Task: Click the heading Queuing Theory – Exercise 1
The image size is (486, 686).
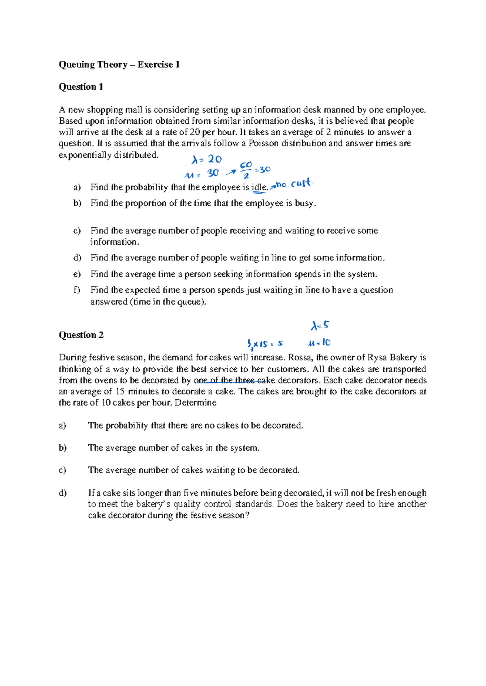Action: (119, 65)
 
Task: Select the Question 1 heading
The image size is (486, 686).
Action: (81, 87)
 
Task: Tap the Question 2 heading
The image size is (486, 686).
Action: (81, 335)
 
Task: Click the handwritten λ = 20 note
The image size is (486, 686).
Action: (207, 159)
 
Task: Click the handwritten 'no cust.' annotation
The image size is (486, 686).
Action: (294, 184)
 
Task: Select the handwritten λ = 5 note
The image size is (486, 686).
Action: (320, 326)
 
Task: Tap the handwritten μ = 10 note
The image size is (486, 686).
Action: (319, 343)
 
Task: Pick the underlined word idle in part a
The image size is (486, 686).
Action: (259, 188)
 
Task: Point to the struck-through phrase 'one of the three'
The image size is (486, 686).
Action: (224, 380)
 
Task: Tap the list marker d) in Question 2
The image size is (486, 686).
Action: (62, 493)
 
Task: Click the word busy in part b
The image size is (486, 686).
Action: (304, 203)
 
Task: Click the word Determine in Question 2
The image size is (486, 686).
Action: (196, 403)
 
